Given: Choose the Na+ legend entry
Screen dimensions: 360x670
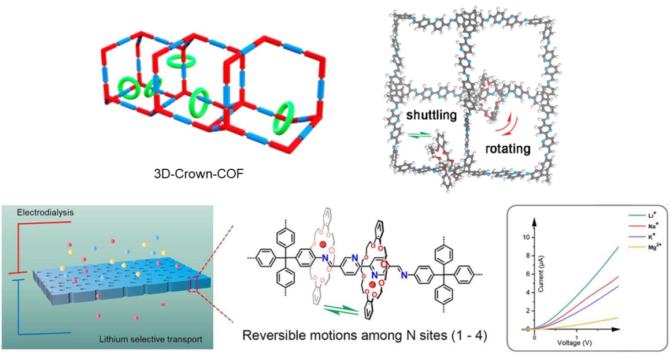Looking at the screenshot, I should (x=639, y=227).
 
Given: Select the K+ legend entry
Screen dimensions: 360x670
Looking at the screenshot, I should (x=638, y=239).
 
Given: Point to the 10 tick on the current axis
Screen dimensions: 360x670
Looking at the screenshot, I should (x=524, y=237).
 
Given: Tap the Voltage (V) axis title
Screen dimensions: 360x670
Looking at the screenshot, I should (x=576, y=342).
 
